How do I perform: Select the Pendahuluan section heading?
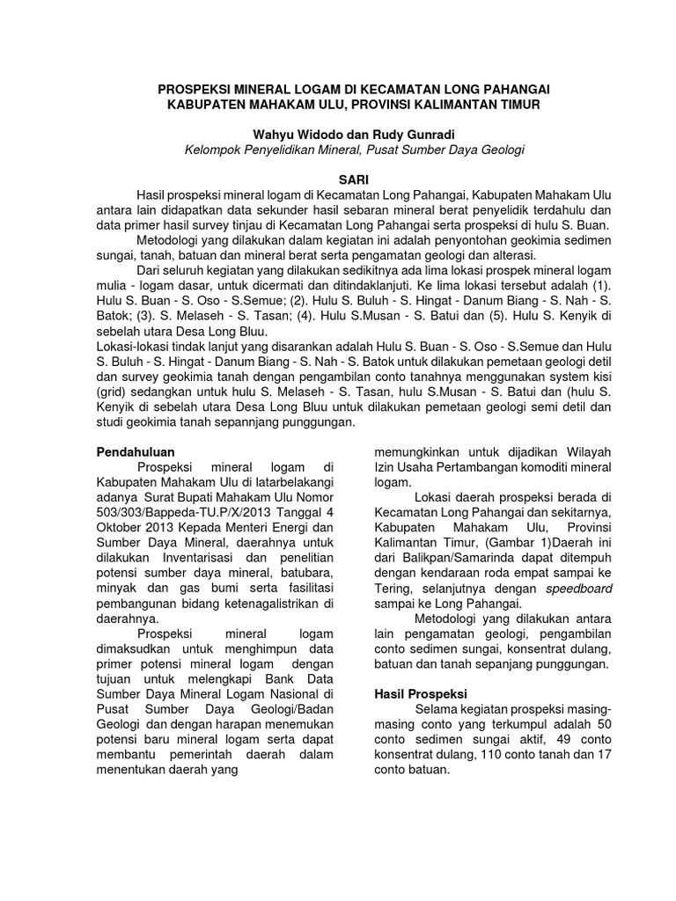click(136, 451)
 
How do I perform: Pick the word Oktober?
click(120, 527)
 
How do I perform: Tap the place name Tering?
click(393, 588)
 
